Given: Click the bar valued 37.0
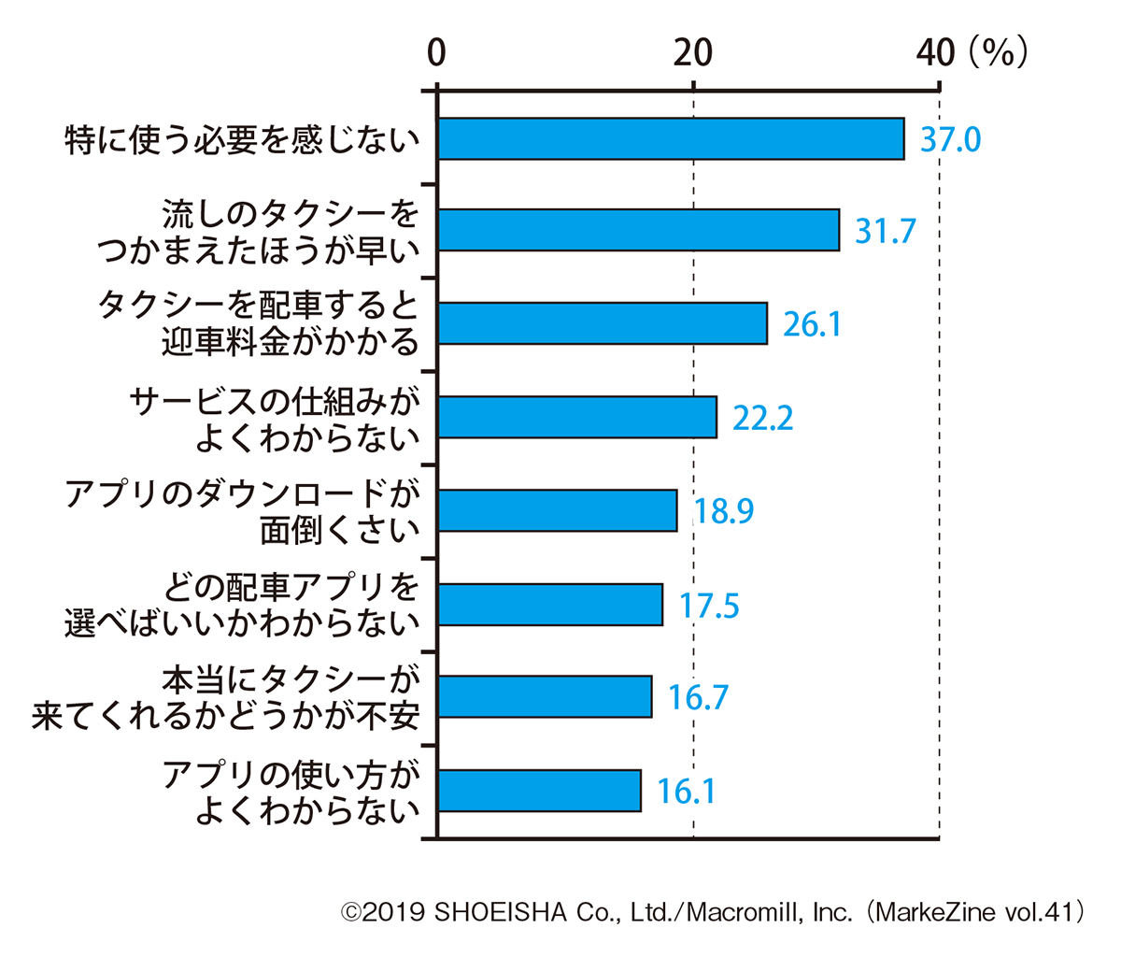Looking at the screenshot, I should pyautogui.click(x=671, y=139).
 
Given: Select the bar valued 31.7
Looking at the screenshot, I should pyautogui.click(x=638, y=230).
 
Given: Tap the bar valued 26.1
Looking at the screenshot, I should pyautogui.click(x=603, y=323).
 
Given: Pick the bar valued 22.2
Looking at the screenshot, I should pyautogui.click(x=577, y=417).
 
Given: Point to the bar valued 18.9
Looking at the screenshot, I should pyautogui.click(x=558, y=510).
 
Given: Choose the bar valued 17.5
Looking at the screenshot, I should pyautogui.click(x=550, y=605).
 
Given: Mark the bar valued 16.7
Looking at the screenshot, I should pyautogui.click(x=545, y=697).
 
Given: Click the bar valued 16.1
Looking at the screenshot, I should pyautogui.click(x=539, y=791).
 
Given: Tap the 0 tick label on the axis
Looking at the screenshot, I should pyautogui.click(x=436, y=53).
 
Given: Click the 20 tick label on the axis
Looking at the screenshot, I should pyautogui.click(x=693, y=53).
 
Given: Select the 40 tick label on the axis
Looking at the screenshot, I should pyautogui.click(x=935, y=53).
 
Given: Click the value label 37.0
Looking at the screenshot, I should pyautogui.click(x=951, y=140).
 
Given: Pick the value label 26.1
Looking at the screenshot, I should pyautogui.click(x=812, y=324).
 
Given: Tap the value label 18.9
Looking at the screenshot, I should pyautogui.click(x=724, y=511).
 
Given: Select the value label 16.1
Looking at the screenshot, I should pyautogui.click(x=686, y=792).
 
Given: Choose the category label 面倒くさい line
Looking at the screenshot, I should pyautogui.click(x=340, y=531).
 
